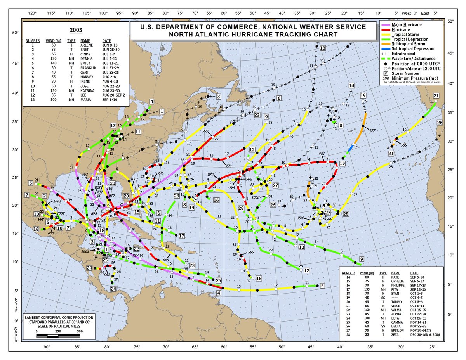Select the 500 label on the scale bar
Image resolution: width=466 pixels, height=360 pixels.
[x=80, y=332]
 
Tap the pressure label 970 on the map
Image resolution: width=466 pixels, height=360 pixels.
[x=228, y=166]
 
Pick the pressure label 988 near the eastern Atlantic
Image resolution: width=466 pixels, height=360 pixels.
[x=404, y=145]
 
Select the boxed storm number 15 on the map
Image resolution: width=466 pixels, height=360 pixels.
[x=137, y=212]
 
